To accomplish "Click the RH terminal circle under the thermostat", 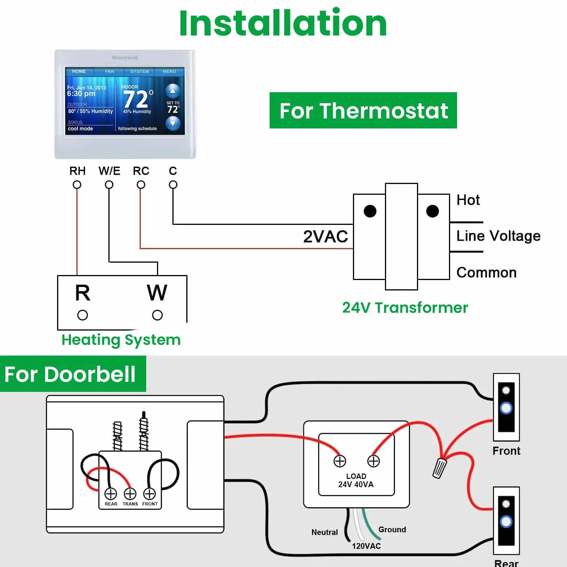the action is [77, 185].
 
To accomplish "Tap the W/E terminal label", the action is [110, 171].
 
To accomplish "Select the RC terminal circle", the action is [141, 185].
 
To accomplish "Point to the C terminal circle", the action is [173, 185].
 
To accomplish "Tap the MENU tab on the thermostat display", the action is [169, 71].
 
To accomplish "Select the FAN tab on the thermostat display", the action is [110, 71].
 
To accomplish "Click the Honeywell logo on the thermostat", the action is [125, 58].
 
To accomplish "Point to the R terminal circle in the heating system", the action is [83, 315].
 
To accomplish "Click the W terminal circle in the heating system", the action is [157, 315].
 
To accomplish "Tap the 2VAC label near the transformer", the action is [326, 236].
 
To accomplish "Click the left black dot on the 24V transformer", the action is [370, 211].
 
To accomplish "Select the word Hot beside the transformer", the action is [468, 200].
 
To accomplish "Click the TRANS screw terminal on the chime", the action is [130, 494].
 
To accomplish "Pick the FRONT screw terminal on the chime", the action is [150, 494].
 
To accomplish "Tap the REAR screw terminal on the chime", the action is [111, 494].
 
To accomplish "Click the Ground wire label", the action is [392, 530].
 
